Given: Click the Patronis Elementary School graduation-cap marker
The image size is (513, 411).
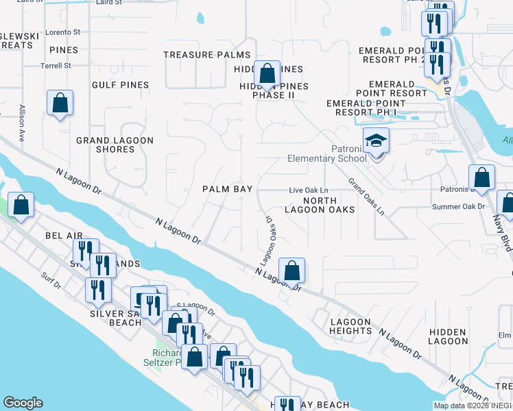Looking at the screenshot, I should (376, 141).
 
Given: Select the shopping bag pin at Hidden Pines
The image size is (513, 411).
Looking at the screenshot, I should (267, 74).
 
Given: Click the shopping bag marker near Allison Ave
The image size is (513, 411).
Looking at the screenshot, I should (60, 104).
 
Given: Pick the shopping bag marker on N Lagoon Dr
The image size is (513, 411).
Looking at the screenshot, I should (292, 271).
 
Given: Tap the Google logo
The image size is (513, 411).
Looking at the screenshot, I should (23, 403).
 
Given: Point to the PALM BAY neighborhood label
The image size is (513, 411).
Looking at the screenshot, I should (227, 188).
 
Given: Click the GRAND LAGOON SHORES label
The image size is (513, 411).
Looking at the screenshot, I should (115, 145).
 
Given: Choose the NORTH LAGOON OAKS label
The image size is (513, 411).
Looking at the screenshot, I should (329, 204).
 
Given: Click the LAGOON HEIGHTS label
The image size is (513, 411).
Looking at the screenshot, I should (350, 326).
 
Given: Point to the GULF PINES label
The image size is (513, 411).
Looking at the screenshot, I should (120, 85).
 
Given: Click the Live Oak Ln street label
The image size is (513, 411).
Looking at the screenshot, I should (309, 190).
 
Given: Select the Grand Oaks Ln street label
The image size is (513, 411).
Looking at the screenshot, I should (366, 196).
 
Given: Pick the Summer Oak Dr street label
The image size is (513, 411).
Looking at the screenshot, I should (458, 206).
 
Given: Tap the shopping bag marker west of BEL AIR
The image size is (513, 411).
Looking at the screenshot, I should (21, 205).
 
